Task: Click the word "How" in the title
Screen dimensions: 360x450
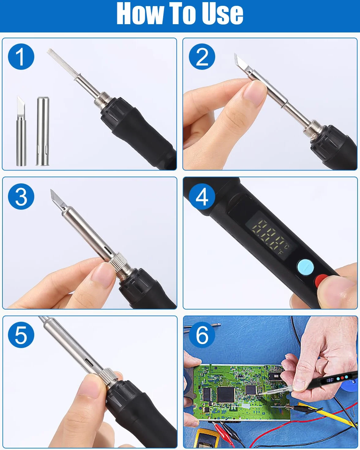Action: click(x=140, y=13)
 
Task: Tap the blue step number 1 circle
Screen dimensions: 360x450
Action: click(x=21, y=57)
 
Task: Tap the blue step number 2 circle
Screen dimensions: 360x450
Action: click(x=202, y=57)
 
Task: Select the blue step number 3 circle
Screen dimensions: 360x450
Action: click(x=21, y=197)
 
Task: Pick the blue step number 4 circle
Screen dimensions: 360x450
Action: click(x=202, y=197)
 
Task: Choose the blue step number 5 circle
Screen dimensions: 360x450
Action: click(x=21, y=335)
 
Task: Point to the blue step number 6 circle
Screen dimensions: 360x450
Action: click(x=202, y=335)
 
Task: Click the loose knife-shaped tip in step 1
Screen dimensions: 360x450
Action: click(x=21, y=131)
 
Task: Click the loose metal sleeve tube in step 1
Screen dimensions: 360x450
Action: click(x=43, y=131)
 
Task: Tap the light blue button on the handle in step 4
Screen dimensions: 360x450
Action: click(x=306, y=267)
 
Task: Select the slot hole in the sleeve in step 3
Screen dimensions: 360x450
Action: click(x=108, y=249)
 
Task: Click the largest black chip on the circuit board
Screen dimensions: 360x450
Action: click(x=226, y=394)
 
